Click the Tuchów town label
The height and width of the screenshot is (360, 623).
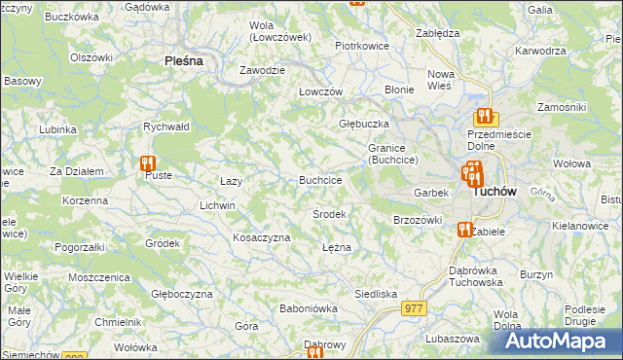(494, 192)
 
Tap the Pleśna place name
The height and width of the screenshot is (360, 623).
(183, 60)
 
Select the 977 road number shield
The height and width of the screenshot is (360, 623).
(414, 307)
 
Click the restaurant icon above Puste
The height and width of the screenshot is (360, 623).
(148, 163)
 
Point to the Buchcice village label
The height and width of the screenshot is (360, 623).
(320, 180)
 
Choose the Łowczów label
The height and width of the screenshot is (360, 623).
(320, 91)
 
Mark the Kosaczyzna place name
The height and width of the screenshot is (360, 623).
(262, 237)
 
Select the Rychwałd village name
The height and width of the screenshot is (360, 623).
(165, 126)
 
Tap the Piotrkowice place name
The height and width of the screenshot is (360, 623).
(362, 46)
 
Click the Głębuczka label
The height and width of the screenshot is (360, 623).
(364, 125)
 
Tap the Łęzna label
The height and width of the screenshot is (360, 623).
(336, 247)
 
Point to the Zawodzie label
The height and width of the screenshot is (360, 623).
(263, 71)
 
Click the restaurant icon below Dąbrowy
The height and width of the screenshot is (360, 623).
(314, 353)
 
